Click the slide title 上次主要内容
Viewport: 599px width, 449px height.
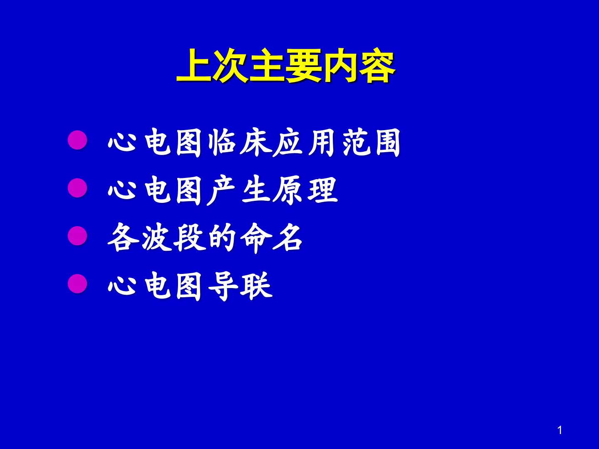click(x=286, y=66)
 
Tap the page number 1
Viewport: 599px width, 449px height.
click(x=560, y=430)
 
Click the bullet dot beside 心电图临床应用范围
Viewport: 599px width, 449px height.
click(x=77, y=140)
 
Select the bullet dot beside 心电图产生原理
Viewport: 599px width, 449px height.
click(x=77, y=188)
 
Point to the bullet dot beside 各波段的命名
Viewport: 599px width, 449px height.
click(x=77, y=236)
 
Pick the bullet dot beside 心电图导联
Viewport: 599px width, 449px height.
click(x=77, y=284)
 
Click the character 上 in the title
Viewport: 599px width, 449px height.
click(x=194, y=66)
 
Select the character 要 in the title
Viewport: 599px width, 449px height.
click(x=304, y=66)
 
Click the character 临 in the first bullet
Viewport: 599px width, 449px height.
click(x=222, y=142)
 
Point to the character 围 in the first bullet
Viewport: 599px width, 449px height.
click(x=388, y=142)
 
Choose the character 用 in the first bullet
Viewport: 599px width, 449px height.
click(x=322, y=142)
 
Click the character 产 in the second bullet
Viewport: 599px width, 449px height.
click(x=221, y=190)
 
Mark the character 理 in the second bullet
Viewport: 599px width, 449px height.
click(x=322, y=190)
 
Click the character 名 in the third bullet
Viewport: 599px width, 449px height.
click(x=287, y=237)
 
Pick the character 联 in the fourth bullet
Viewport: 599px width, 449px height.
click(x=256, y=286)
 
